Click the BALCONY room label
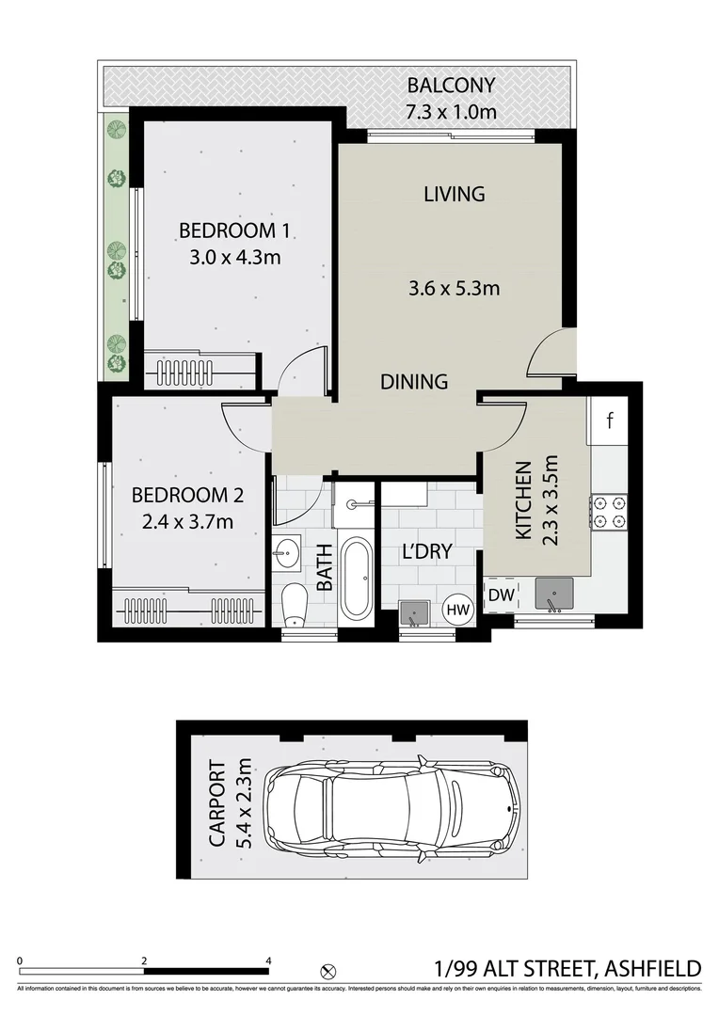pyautogui.click(x=451, y=87)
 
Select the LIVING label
pyautogui.click(x=454, y=195)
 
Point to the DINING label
pyautogui.click(x=414, y=381)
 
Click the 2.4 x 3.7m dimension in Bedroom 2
pyautogui.click(x=183, y=521)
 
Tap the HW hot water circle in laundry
pyautogui.click(x=458, y=611)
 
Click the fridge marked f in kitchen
pyautogui.click(x=609, y=421)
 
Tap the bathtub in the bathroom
pyautogui.click(x=357, y=578)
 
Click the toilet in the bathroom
pyautogui.click(x=296, y=603)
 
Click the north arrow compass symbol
pyautogui.click(x=328, y=969)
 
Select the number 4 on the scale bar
pyautogui.click(x=269, y=960)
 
